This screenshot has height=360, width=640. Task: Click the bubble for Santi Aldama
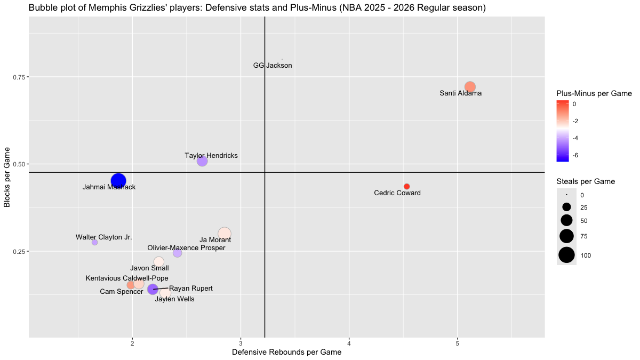click(x=470, y=87)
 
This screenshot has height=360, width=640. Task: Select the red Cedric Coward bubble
click(x=406, y=186)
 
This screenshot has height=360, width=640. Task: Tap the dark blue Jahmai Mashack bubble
click(x=118, y=181)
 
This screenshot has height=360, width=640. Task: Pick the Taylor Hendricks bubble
click(x=202, y=161)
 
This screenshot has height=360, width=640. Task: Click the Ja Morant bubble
click(x=225, y=233)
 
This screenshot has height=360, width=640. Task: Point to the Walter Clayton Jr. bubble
click(x=95, y=242)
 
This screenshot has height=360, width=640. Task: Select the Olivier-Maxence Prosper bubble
click(x=178, y=253)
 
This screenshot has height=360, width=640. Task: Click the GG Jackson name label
click(x=273, y=66)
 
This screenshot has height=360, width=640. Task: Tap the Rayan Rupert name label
click(x=191, y=289)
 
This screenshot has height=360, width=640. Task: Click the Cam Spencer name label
click(x=122, y=292)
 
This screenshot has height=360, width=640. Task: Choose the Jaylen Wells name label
click(x=174, y=299)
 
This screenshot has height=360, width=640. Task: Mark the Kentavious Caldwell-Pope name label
click(x=127, y=278)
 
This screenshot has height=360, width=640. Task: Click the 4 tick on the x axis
click(x=349, y=342)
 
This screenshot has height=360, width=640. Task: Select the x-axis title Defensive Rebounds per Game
click(x=286, y=352)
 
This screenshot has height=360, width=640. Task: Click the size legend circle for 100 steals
click(x=566, y=255)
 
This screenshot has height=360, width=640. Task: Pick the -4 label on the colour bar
click(x=577, y=138)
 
